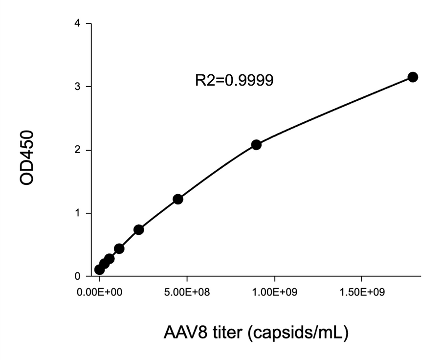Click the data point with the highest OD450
pyautogui.click(x=413, y=77)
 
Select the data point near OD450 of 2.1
pyautogui.click(x=256, y=145)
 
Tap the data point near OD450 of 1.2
pyautogui.click(x=178, y=199)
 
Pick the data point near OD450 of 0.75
pyautogui.click(x=138, y=229)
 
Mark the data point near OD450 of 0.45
pyautogui.click(x=119, y=248)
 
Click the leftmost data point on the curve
pyautogui.click(x=99, y=270)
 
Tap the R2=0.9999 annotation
pyautogui.click(x=234, y=80)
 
